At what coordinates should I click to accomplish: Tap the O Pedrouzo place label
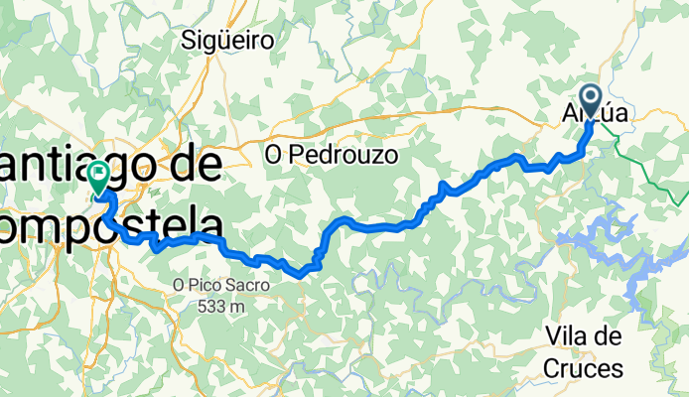click(x=332, y=155)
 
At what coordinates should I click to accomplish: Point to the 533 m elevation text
click(x=219, y=307)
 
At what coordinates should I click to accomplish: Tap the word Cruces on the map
click(x=583, y=368)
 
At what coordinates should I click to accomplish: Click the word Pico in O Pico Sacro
click(x=209, y=285)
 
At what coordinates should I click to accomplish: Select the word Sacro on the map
click(x=248, y=285)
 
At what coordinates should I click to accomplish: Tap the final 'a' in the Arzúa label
click(x=620, y=115)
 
